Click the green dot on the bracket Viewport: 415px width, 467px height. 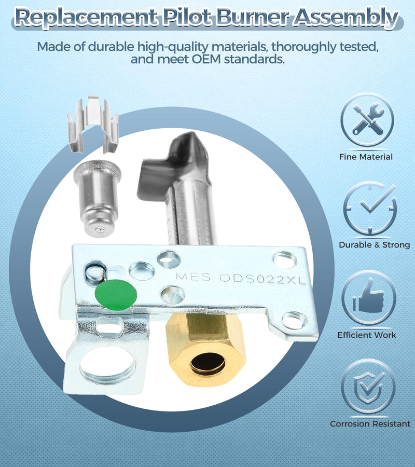[x=116, y=295]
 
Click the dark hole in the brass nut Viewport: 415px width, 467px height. [x=208, y=363]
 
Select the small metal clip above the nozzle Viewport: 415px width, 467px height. [x=93, y=124]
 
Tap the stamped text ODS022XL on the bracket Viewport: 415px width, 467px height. [x=262, y=279]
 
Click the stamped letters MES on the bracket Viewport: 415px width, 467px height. [x=193, y=277]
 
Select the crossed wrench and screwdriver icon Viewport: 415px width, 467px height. [x=367, y=119]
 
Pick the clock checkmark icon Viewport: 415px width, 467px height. [x=370, y=208]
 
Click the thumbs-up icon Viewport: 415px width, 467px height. [x=368, y=297]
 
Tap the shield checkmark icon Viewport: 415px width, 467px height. [x=368, y=386]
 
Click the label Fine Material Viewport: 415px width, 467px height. [x=366, y=157]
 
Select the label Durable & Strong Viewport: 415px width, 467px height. [x=374, y=245]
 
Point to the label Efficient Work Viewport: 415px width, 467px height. [x=367, y=335]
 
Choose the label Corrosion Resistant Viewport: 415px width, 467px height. [x=370, y=423]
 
